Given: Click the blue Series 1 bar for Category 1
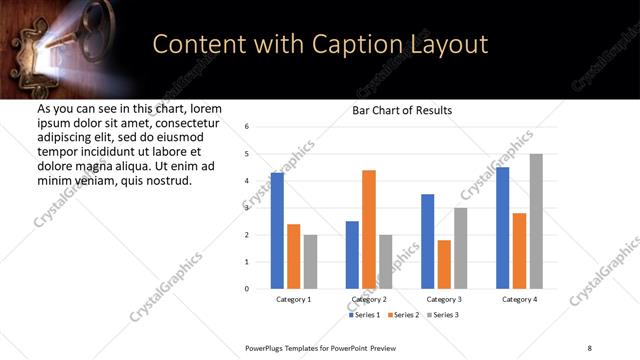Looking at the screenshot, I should point(277,231).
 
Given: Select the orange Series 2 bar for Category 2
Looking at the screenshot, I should point(369,229).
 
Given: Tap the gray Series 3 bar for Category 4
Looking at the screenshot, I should point(536,221).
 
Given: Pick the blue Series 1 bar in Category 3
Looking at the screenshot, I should point(427,241).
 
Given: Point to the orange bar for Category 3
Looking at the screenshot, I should point(444,264).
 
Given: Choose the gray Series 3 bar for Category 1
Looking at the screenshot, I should point(310,262).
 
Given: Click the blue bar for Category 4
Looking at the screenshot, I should point(503,228).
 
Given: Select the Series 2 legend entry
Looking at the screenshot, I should point(403,315).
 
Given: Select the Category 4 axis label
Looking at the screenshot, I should point(519,299).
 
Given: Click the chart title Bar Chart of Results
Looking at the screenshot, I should point(402,110).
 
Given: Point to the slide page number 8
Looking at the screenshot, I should point(589,347).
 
